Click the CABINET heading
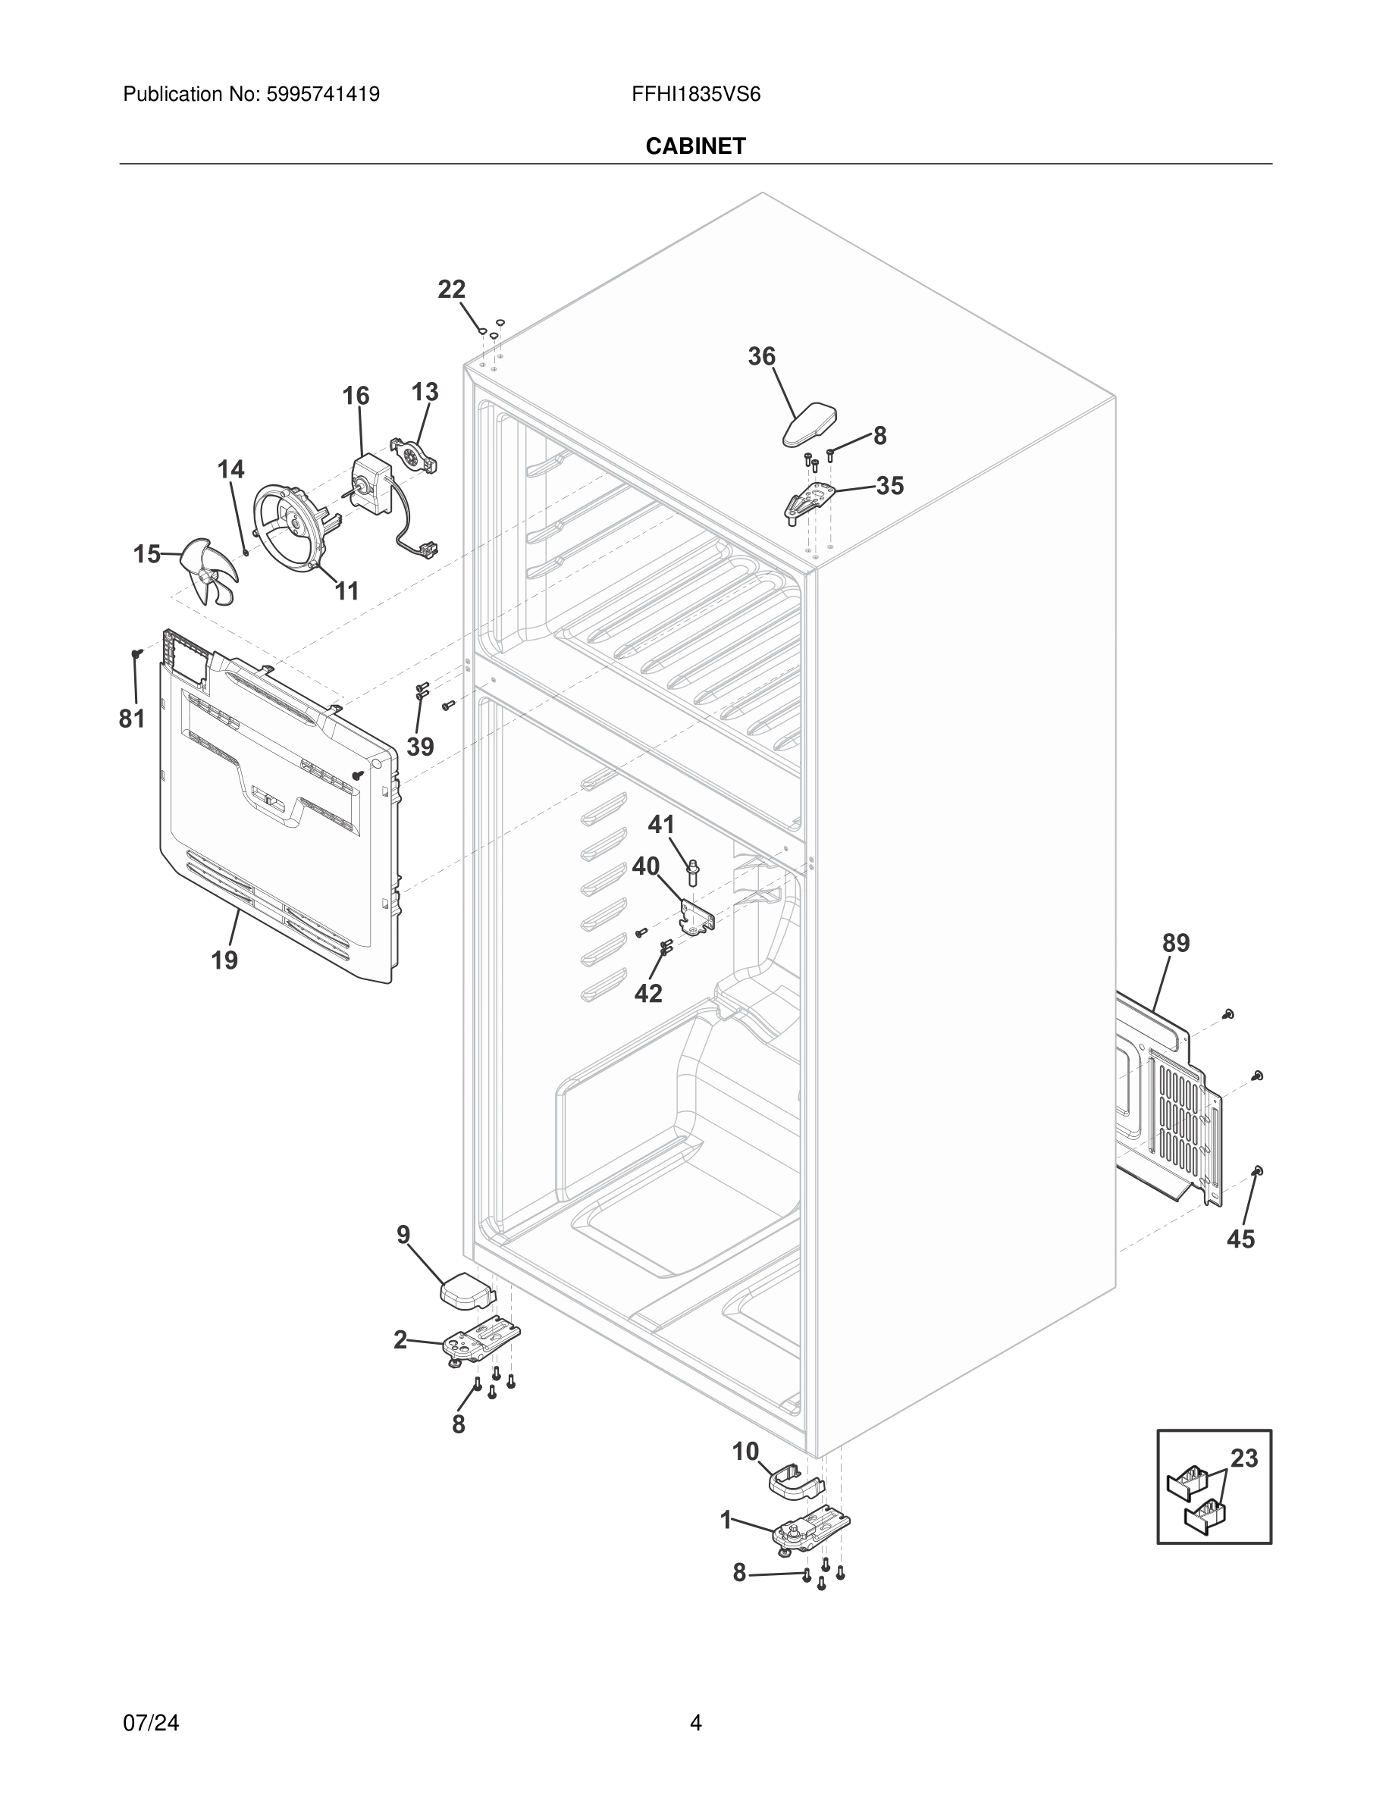coord(695,146)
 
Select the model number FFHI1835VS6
coord(695,95)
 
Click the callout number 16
coord(356,396)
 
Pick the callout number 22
coord(451,290)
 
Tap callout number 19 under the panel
coord(224,960)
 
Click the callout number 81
coord(132,719)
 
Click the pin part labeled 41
coord(693,872)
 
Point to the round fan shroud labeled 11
coord(290,526)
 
